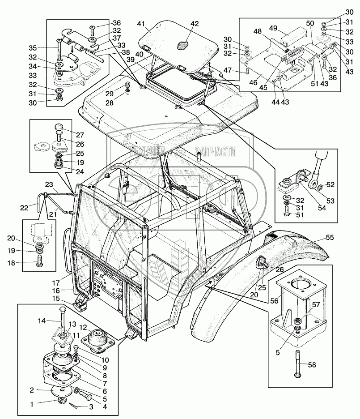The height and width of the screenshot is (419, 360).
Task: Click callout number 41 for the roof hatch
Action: pyautogui.click(x=141, y=23)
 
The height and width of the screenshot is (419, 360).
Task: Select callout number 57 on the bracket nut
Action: pyautogui.click(x=316, y=305)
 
